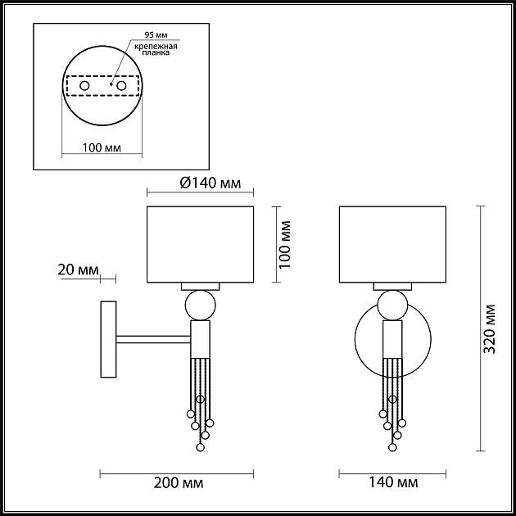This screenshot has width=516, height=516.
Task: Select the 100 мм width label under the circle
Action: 102,148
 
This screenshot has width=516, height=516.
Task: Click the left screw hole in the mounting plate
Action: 84,85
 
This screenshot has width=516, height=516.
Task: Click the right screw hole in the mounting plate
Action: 121,85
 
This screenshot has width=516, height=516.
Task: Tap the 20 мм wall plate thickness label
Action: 79,269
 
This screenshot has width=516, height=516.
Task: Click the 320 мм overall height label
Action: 490,328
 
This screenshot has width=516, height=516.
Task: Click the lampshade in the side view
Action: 200,244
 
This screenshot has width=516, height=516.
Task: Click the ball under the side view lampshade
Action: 201,305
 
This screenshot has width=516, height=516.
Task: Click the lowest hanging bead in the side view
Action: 200,448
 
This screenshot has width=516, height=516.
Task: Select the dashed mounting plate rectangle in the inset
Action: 102,85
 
